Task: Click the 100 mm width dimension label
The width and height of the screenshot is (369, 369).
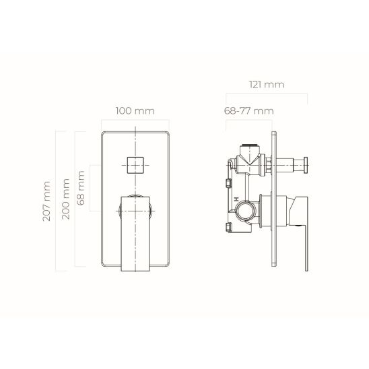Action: pos(135,109)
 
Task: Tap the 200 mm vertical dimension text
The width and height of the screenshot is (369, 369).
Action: pos(65,200)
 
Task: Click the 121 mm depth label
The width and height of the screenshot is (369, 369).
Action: pos(265,84)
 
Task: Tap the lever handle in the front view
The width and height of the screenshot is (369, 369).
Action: pos(135,232)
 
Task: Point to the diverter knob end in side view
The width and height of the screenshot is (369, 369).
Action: pos(305,163)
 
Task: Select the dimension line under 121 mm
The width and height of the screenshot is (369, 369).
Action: pos(265,95)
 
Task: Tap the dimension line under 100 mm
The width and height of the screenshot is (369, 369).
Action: pos(135,121)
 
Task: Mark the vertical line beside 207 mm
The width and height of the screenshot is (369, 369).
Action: pos(56,200)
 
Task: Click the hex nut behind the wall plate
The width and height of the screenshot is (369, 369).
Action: pos(267,163)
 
